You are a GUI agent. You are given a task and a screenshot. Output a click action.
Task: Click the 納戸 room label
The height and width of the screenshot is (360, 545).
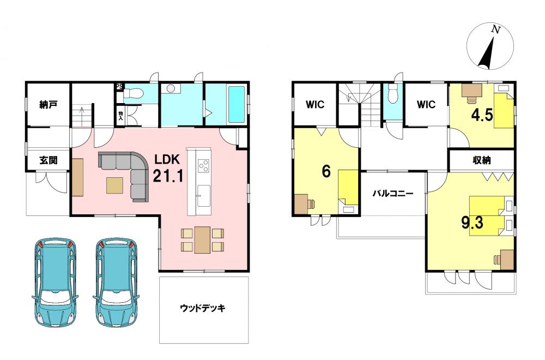tap(49, 104)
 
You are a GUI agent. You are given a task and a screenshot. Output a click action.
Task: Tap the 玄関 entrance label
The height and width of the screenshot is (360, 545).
tap(49, 160)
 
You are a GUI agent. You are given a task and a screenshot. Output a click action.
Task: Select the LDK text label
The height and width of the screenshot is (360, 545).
tap(167, 159)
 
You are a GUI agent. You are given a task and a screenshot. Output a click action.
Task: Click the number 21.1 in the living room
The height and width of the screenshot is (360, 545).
tap(168, 176)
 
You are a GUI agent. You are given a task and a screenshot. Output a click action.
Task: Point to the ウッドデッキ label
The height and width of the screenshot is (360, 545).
tap(203, 308)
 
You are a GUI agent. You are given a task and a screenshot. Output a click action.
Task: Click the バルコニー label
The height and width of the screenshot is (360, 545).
tap(393, 194)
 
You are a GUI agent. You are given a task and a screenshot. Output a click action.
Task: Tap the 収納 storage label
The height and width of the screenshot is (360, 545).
tap(482, 160)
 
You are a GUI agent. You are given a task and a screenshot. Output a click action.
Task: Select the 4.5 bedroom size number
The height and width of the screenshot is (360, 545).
tap(482, 115)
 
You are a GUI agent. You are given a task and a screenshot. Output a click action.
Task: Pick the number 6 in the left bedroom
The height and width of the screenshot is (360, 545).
tap(326, 171)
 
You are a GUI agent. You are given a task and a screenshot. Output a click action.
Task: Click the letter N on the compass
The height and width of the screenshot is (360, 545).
tap(495, 30)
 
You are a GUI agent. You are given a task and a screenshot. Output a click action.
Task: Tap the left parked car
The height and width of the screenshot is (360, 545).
tap(55, 282)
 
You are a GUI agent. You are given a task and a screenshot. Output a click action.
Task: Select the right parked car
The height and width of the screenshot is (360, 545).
tap(117, 282)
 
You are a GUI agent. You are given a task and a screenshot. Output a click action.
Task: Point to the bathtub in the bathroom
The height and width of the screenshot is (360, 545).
tap(237, 104)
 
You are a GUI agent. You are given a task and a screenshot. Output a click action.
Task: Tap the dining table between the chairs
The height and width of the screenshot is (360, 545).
tap(202, 239)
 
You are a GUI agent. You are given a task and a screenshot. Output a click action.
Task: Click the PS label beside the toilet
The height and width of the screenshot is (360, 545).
tap(119, 86)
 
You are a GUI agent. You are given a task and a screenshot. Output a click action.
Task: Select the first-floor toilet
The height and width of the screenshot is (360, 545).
tap(134, 93)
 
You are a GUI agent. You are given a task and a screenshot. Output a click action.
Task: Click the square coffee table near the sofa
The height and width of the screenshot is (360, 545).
tap(114, 185)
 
